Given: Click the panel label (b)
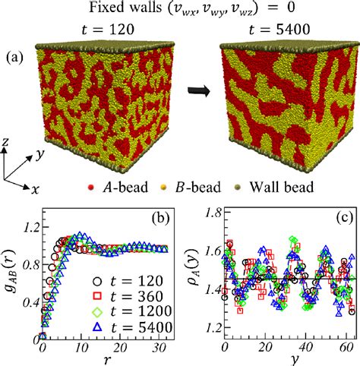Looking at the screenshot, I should pyautogui.click(x=163, y=222).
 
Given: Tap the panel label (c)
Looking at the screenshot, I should pyautogui.click(x=339, y=222).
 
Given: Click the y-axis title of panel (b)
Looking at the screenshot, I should pyautogui.click(x=10, y=277).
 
